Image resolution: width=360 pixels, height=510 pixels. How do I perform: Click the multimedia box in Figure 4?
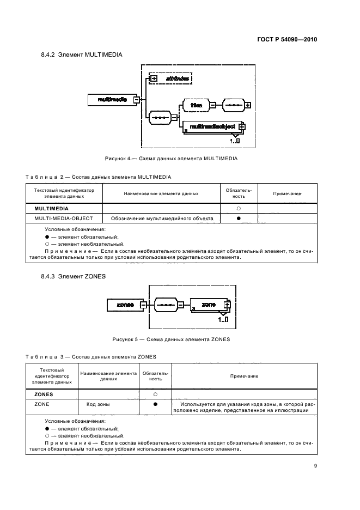pos(112,100)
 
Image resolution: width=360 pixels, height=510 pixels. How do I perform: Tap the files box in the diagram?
pos(197,105)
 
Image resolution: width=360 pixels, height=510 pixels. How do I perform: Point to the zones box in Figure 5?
pos(125,305)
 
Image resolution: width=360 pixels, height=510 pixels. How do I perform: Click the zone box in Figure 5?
pos(208,305)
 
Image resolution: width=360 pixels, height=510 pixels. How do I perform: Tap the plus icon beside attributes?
pos(154,79)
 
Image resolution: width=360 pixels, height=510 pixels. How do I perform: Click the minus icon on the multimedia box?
pos(137,100)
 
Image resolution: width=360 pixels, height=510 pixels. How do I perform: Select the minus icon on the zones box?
pos(143,305)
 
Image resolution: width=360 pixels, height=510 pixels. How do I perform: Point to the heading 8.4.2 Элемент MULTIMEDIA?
pos(81,55)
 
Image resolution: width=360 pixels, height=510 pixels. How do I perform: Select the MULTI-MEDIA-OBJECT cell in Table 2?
pos(64,218)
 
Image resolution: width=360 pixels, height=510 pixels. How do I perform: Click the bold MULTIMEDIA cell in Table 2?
pos(52,208)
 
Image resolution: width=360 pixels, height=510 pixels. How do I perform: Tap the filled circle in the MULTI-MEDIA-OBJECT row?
pos(239,218)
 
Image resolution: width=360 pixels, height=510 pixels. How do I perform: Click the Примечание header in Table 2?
pos(287,193)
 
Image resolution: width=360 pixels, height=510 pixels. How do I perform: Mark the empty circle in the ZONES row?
pos(155,393)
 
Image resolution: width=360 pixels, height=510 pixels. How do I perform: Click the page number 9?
pos(315,465)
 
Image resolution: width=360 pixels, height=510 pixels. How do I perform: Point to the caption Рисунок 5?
pos(171,339)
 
